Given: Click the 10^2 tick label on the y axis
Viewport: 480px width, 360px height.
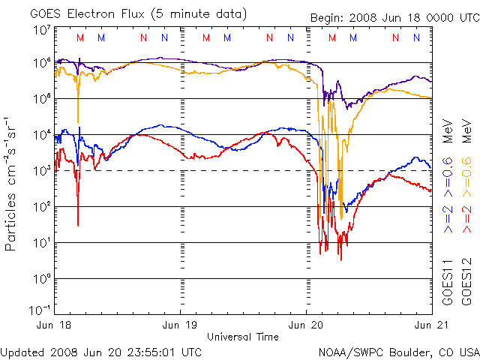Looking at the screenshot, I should (40, 205).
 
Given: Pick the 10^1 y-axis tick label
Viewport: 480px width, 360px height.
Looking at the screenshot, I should (40, 241).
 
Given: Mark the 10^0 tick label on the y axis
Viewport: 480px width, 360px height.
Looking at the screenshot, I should (40, 277).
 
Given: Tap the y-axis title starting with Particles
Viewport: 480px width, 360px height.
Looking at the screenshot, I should (12, 184).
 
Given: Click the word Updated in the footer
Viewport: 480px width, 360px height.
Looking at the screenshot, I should (23, 351).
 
